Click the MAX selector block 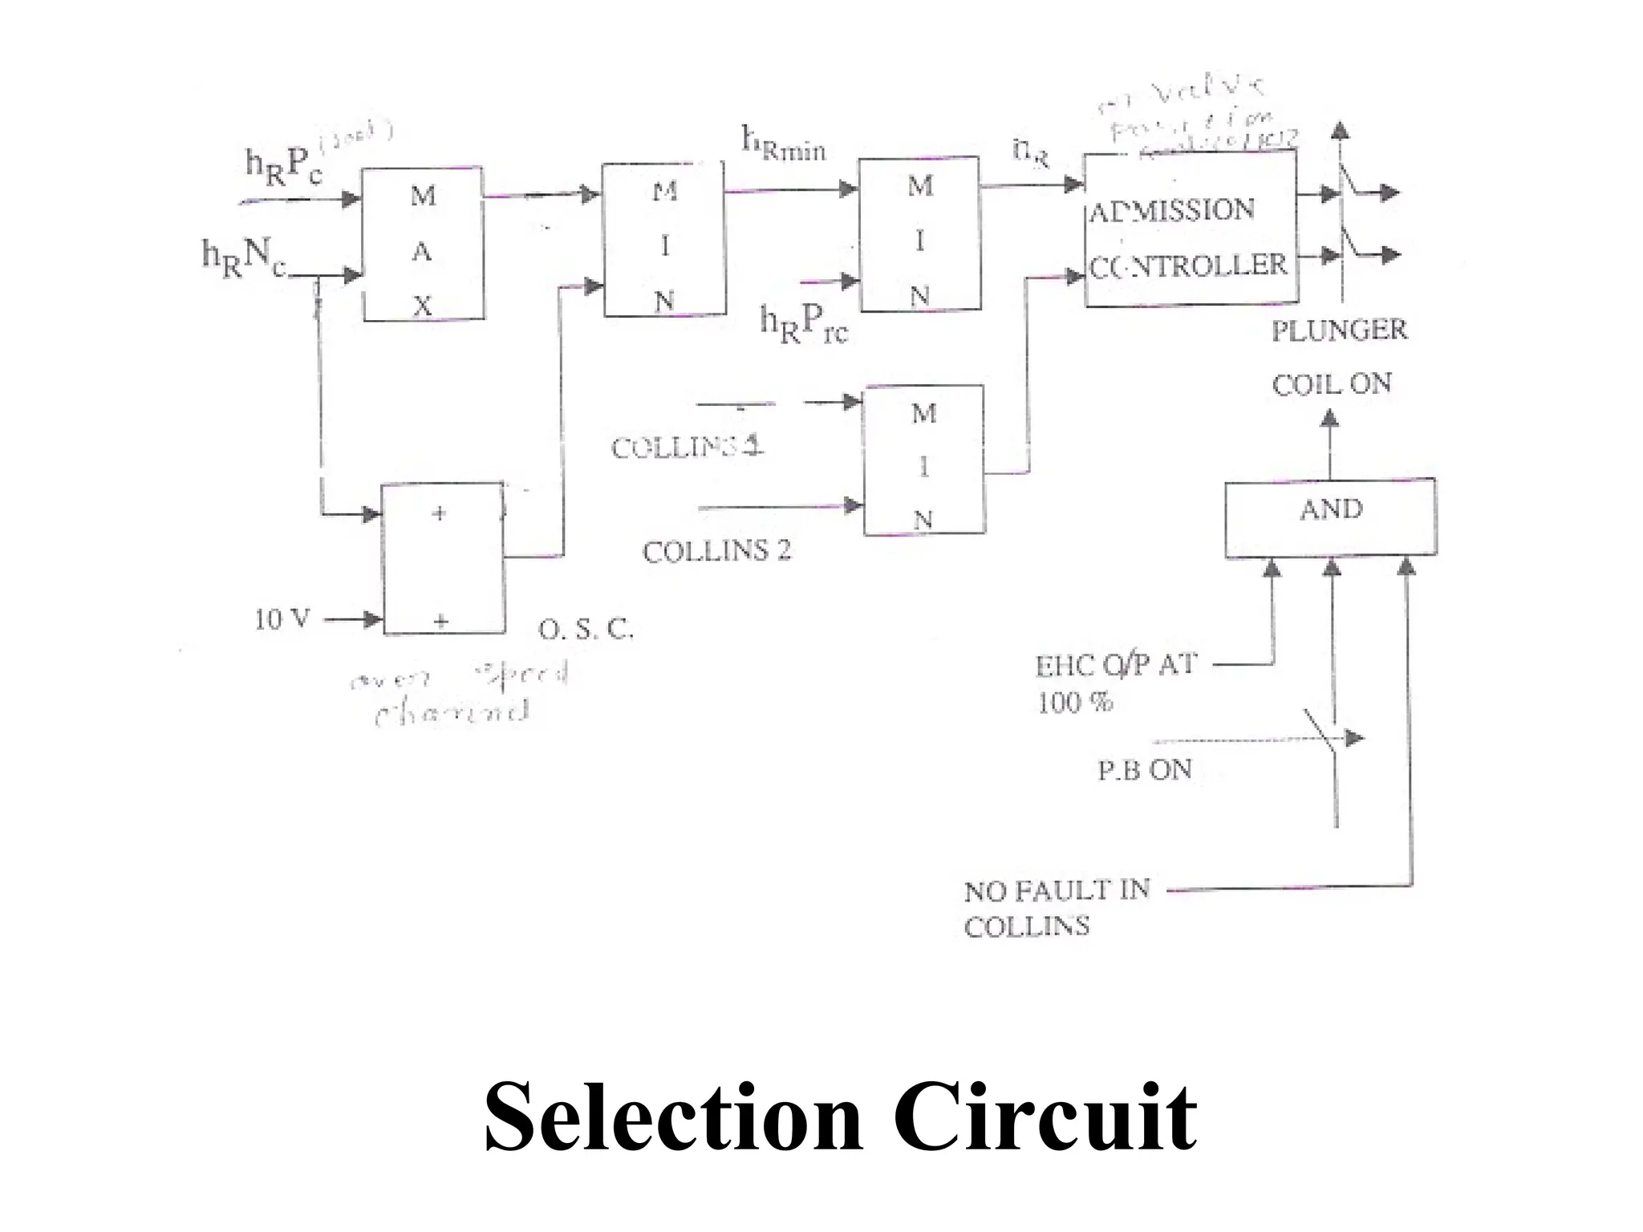(423, 245)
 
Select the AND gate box (1330, 517)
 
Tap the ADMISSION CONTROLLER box (1191, 229)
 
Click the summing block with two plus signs (444, 559)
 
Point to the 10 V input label (282, 620)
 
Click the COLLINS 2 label (716, 551)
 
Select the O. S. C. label (586, 630)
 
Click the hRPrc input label (803, 325)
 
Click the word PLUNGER (1339, 330)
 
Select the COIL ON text (1332, 384)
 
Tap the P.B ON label (1145, 770)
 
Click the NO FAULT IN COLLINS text (1056, 909)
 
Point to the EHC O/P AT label (1116, 666)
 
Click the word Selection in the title (672, 1117)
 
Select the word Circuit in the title (1044, 1117)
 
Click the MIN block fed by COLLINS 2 (923, 460)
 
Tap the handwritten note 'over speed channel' (457, 695)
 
